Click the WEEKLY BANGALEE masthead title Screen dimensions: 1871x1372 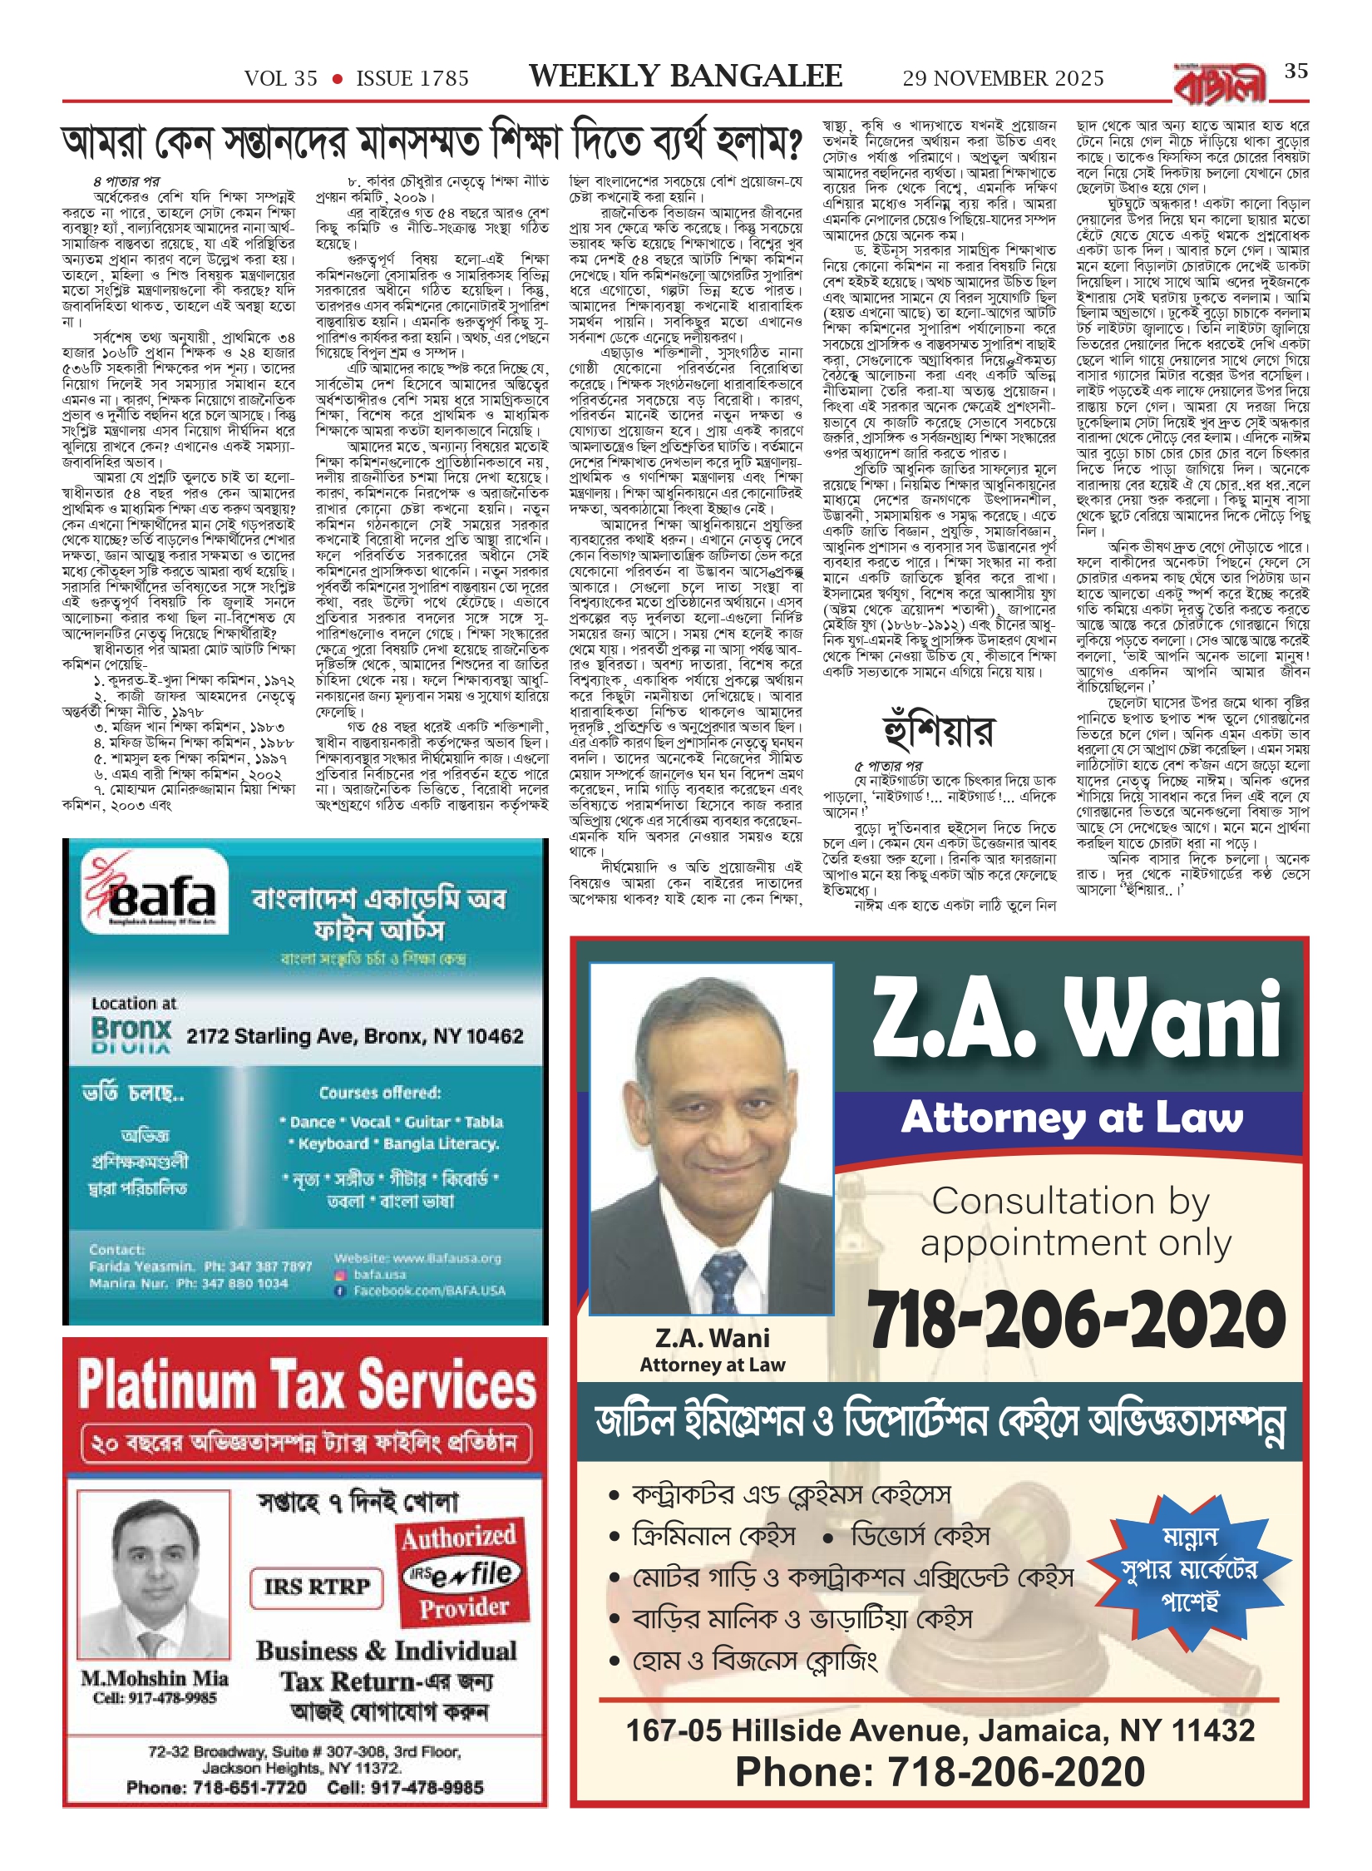pos(685,77)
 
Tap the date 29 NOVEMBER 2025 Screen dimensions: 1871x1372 pos(1003,78)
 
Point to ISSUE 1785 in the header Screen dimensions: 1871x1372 pos(412,79)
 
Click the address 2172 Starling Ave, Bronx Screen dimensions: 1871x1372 pos(354,1036)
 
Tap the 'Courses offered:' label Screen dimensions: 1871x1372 pos(380,1092)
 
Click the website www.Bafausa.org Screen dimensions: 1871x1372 pos(417,1258)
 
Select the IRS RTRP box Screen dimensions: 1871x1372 pos(317,1586)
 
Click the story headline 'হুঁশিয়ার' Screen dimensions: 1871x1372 pos(938,731)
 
